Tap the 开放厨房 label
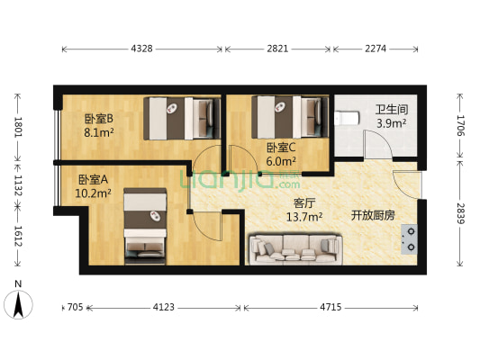[370, 215]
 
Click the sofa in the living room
[295, 246]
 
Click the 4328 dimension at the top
[147, 48]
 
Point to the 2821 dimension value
[279, 48]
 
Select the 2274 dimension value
[376, 48]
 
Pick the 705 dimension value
[76, 308]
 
